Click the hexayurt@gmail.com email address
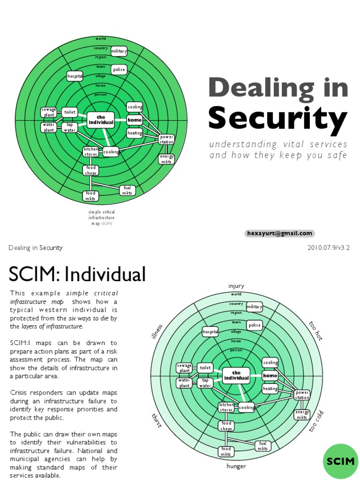pos(279,233)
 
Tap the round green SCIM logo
pos(341,462)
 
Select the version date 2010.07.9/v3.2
pos(329,247)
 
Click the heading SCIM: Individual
pos(77,273)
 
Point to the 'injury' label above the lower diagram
pos(236,286)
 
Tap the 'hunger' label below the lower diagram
pos(236,466)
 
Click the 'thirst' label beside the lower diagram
pos(157,420)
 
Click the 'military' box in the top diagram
pos(119,51)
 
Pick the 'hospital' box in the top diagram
pos(75,76)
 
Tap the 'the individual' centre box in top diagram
pos(101,120)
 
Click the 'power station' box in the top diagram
pos(166,139)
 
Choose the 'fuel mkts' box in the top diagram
pos(127,190)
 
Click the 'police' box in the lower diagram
pos(255,325)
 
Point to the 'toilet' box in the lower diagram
pos(205,368)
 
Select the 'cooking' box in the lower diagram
pos(247,407)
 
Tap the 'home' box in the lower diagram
pos(270,375)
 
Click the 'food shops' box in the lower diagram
pos(226,426)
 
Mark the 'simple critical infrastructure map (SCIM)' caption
pos(101,218)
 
